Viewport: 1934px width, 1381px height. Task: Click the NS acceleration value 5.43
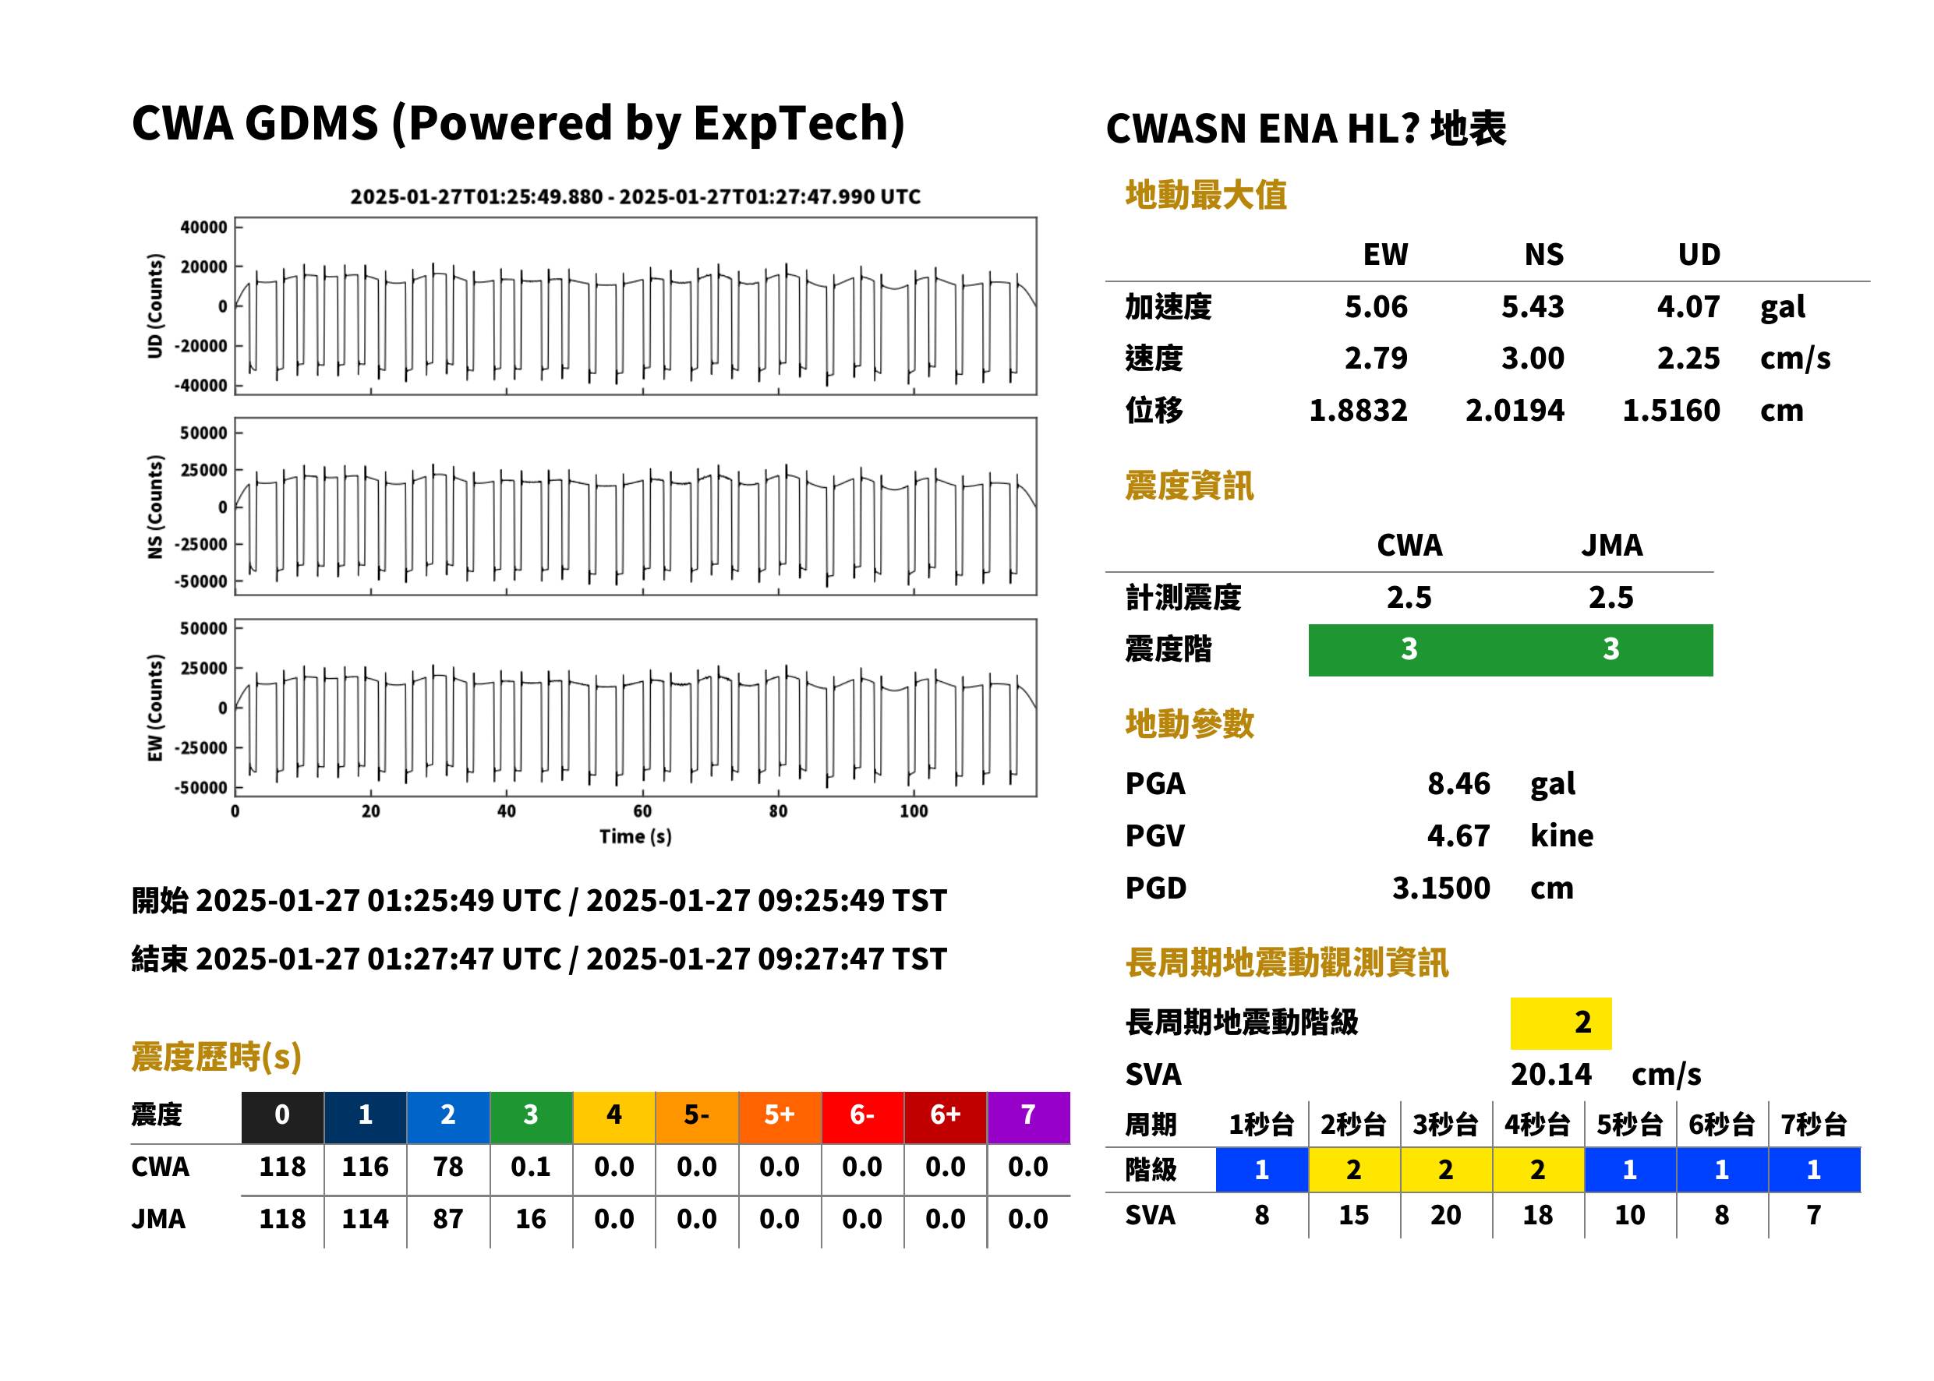[1532, 306]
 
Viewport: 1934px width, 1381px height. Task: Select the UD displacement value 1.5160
[1671, 410]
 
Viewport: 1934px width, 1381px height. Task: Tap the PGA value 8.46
[1458, 783]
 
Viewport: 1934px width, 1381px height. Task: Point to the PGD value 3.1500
[1441, 888]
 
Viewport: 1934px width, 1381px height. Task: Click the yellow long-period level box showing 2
[1561, 1023]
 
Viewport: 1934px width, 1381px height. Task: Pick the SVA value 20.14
[1550, 1074]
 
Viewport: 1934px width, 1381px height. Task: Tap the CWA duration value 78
[448, 1167]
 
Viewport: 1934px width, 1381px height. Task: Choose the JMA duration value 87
[448, 1219]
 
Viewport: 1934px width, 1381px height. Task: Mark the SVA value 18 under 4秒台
[1538, 1215]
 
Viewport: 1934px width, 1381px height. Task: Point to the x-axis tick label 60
[642, 811]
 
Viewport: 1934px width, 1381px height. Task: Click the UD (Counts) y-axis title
[155, 306]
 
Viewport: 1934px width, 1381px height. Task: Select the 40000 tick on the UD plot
[203, 227]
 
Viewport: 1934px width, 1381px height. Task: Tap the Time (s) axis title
[635, 837]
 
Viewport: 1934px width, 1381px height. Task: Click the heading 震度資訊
[1189, 486]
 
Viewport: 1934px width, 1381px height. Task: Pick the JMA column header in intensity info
[1612, 545]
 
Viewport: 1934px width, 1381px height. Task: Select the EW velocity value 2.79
[1375, 358]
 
